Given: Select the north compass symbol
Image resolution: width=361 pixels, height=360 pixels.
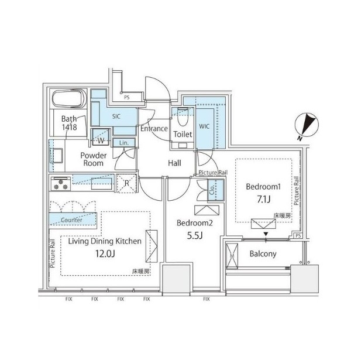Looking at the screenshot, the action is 307,126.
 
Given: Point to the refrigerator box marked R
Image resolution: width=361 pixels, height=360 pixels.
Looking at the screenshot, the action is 126,183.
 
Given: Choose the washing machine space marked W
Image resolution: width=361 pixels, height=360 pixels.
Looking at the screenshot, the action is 101,137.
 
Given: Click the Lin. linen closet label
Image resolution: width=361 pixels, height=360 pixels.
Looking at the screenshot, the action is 124,143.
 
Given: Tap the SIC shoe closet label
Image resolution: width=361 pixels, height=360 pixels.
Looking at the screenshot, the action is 116,116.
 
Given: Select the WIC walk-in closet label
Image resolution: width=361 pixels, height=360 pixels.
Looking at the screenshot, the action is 204,126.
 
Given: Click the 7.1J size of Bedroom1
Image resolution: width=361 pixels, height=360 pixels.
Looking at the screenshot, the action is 264,200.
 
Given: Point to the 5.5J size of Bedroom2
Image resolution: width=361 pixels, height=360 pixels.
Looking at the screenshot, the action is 195,236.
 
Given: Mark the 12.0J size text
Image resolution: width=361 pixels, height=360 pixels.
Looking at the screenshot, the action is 105,254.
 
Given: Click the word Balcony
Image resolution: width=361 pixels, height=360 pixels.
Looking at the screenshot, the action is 263,254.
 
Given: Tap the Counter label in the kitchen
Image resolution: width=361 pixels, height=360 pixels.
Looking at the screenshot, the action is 71,220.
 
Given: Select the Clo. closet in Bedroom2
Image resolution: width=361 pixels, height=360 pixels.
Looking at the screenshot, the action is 215,190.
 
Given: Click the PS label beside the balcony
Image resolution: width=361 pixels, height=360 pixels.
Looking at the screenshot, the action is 298,236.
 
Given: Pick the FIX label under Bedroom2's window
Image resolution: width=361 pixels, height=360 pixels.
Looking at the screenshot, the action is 207,299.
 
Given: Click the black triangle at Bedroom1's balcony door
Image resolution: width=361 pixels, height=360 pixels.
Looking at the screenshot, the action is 266,234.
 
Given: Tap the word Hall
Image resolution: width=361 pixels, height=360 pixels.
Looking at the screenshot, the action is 174,163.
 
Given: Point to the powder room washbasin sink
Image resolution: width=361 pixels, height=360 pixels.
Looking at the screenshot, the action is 56,156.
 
